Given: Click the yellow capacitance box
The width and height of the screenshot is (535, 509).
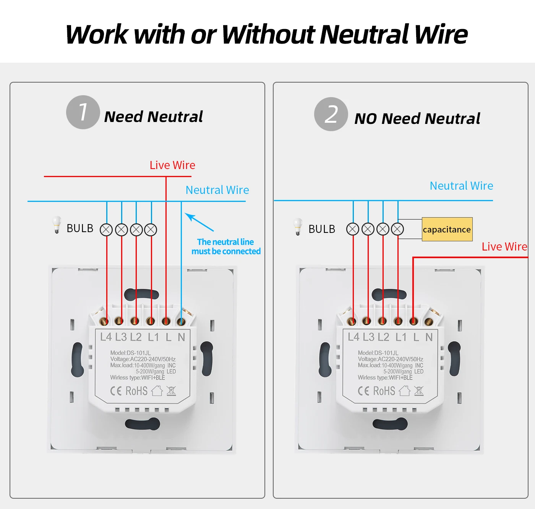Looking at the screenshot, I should [x=447, y=229].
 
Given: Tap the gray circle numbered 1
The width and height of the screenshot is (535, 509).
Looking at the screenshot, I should [x=83, y=112].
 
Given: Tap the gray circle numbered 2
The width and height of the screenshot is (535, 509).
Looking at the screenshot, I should [x=331, y=114].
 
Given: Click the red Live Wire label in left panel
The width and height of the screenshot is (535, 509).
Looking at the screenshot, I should [x=172, y=165].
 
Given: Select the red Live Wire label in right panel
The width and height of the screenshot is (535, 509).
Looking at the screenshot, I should [x=504, y=247].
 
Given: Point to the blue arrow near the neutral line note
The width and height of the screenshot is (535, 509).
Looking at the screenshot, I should [x=199, y=222].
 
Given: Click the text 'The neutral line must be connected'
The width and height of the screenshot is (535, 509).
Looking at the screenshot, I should [x=226, y=247].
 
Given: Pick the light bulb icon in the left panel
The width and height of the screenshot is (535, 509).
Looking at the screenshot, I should [x=57, y=225].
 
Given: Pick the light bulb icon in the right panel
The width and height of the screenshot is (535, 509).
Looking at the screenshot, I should [x=298, y=227].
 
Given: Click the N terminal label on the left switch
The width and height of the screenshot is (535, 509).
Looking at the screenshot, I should [x=181, y=337].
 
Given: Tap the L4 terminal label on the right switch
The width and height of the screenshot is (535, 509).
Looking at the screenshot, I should [x=353, y=337].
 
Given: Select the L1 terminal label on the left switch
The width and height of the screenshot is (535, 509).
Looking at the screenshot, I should [x=153, y=337].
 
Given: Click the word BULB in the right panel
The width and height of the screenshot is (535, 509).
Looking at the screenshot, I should [x=322, y=229].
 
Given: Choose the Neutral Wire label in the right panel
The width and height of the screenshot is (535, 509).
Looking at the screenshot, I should [x=461, y=186].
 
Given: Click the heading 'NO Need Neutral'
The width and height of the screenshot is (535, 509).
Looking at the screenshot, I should [x=417, y=119].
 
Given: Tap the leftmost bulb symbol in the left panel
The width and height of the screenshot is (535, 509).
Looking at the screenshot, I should [x=106, y=229].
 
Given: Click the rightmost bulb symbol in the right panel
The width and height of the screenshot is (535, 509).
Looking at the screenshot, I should [x=397, y=229].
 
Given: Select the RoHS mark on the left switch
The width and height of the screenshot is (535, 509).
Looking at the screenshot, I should [x=136, y=391].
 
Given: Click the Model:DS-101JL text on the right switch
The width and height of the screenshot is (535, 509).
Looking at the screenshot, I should [x=378, y=353].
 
